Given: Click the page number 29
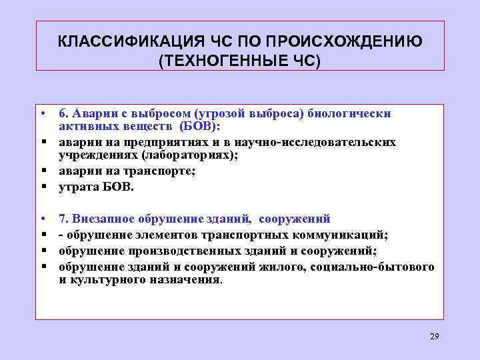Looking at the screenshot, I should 435,335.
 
